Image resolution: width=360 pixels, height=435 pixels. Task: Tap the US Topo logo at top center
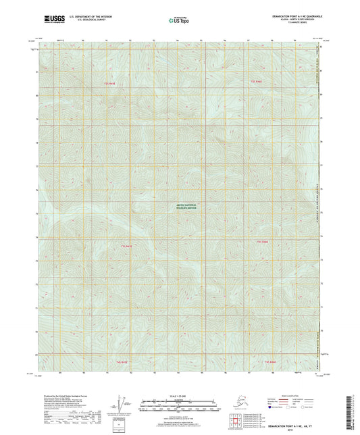(x=180, y=21)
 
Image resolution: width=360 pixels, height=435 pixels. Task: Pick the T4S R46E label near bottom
(x=270, y=362)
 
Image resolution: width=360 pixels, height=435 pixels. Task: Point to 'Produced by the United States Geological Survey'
(x=61, y=399)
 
